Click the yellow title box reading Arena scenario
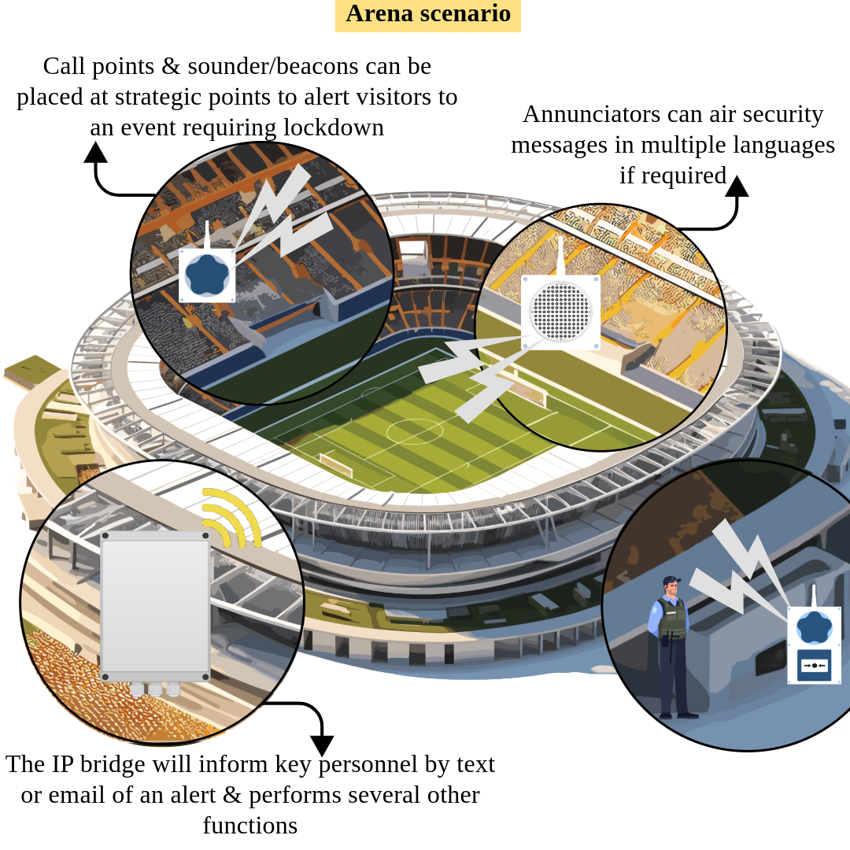click(x=428, y=14)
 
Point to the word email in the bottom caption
click(x=87, y=795)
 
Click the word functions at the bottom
click(x=249, y=826)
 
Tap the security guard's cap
click(x=671, y=582)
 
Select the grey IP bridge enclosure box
click(x=155, y=604)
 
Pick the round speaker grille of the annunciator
click(x=560, y=312)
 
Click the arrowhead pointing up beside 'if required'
click(x=737, y=186)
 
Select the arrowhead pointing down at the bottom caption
click(x=321, y=745)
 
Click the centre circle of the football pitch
click(x=414, y=431)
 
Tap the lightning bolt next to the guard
click(x=740, y=571)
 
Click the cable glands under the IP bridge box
click(x=154, y=690)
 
